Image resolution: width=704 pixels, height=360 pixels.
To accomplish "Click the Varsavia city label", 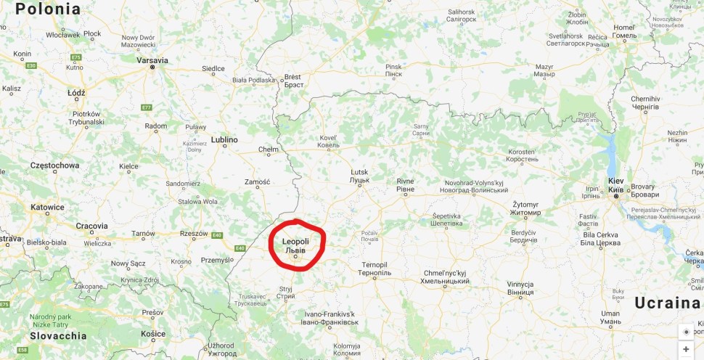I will point(152,60).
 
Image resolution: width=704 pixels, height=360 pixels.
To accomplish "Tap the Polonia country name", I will point(48,9).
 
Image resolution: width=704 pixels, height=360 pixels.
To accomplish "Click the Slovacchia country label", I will point(58,336).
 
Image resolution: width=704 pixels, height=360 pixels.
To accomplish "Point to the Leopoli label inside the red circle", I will point(295,241).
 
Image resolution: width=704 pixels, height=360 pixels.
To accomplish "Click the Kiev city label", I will point(615,180).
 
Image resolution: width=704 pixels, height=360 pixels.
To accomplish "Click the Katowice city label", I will point(47,207).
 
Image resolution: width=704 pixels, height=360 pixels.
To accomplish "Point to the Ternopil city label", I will point(374,264).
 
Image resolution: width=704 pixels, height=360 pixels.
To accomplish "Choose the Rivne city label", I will point(405,181).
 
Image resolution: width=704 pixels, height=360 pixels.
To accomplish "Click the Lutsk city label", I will point(359,171).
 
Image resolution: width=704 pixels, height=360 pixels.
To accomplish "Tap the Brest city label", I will point(292,76).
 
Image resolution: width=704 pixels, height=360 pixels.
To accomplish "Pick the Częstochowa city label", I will point(54,165).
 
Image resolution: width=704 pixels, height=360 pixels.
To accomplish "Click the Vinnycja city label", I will point(520,284).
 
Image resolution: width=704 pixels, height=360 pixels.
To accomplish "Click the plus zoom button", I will point(686,349).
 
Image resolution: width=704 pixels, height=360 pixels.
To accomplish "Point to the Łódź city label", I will point(75,93).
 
